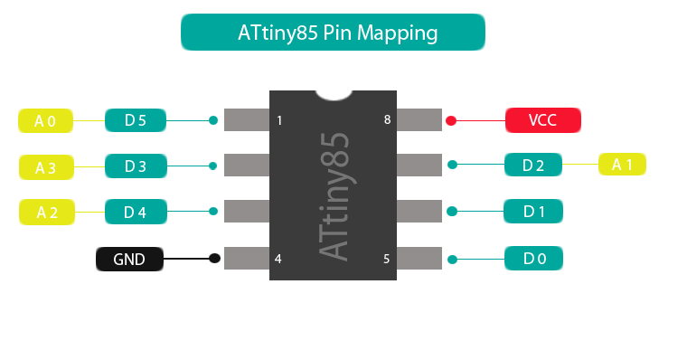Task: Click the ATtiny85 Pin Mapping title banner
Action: (x=334, y=33)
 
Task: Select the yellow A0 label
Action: (x=46, y=120)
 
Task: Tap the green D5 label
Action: (x=136, y=119)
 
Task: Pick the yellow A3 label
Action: (x=46, y=167)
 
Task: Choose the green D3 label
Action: (x=136, y=166)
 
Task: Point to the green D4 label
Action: (x=136, y=213)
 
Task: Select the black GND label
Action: (x=129, y=260)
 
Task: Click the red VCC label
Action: (x=542, y=119)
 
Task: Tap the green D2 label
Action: (x=533, y=166)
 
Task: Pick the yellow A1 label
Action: (x=623, y=165)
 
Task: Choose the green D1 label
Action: (x=534, y=213)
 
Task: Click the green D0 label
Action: (x=534, y=260)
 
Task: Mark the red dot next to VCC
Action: (x=451, y=119)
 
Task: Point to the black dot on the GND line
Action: (x=214, y=259)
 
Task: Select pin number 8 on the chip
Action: (x=387, y=119)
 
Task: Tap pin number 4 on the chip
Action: (x=278, y=259)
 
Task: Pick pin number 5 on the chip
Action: (x=387, y=259)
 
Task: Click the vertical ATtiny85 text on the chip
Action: (x=334, y=196)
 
